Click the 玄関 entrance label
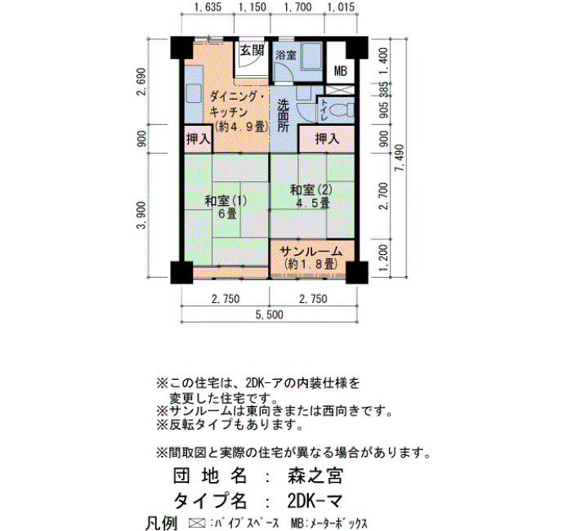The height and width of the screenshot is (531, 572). point(252,50)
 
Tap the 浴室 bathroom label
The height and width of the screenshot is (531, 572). point(286,56)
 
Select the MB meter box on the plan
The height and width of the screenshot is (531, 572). point(341,71)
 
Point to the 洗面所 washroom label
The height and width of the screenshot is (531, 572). point(283,116)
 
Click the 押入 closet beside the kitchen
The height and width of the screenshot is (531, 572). point(198,139)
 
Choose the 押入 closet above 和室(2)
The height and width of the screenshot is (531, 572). point(327,139)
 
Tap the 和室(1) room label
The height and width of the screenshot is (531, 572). point(226,201)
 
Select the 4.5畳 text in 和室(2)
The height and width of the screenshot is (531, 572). point(313,203)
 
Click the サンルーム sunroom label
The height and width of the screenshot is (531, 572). point(311,252)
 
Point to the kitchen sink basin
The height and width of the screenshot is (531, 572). point(194,94)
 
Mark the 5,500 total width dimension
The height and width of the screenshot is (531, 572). point(269,315)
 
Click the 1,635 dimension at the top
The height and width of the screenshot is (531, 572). point(208,7)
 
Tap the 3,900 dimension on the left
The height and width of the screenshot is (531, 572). point(141,215)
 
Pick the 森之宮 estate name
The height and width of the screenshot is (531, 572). point(315,476)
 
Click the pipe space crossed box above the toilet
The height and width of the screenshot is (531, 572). point(339,90)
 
